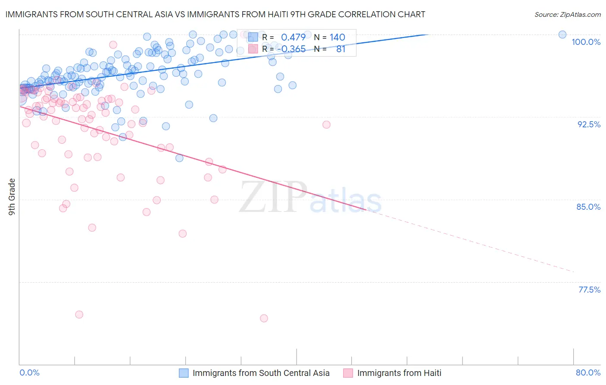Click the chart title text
tap(215, 14)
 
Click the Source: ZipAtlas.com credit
tap(567, 14)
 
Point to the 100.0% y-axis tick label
tap(586, 42)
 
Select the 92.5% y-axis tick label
tap(589, 124)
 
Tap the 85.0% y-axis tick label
tap(588, 207)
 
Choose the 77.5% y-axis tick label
tap(589, 290)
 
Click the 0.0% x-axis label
tap(30, 372)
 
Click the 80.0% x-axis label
tap(588, 372)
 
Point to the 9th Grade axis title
tap(12, 196)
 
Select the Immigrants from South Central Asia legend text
tap(261, 373)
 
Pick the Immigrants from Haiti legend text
tap(399, 373)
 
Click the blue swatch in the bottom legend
tap(184, 373)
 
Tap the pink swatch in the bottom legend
tap(348, 373)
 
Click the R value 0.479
tap(293, 38)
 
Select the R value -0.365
tap(291, 49)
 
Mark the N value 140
tap(337, 38)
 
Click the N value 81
tap(340, 49)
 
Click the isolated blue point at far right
tap(562, 35)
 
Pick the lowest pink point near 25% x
tap(264, 318)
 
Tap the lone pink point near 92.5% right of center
tap(326, 125)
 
